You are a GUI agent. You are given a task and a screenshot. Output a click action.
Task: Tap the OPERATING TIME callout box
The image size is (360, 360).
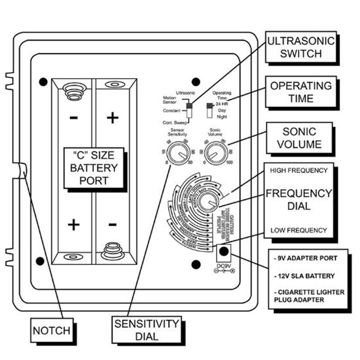pos(301,92)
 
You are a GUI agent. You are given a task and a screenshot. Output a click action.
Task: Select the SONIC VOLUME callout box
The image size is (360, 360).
pos(299,138)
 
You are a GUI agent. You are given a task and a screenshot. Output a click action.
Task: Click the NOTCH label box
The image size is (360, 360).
pos(51,330)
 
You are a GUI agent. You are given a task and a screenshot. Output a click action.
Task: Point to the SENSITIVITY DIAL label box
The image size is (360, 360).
pos(147,330)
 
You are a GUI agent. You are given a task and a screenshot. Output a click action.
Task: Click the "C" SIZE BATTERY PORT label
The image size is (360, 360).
pos(93,168)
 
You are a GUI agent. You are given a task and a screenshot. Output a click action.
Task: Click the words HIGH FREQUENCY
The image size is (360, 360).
pos(299,170)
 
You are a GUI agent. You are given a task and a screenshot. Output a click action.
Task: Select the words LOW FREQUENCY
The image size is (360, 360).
pos(299,230)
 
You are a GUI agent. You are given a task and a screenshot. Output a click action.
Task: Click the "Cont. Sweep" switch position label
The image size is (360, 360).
pos(173,123)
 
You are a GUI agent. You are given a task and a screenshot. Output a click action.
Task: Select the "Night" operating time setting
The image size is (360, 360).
pos(222,117)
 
